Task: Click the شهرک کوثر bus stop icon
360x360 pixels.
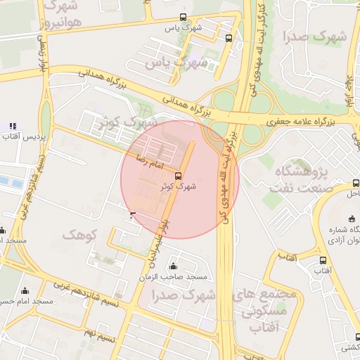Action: click(178, 176)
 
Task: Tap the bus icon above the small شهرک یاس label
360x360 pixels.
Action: click(183, 17)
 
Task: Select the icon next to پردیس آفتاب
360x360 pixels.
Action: click(12, 126)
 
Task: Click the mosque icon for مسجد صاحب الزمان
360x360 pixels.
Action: click(174, 266)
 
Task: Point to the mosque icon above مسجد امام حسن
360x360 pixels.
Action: click(25, 290)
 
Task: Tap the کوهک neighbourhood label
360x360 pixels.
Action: click(79, 234)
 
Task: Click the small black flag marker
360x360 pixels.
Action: click(133, 214)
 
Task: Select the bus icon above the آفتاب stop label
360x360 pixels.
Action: click(323, 260)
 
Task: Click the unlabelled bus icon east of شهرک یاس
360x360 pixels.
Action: click(229, 39)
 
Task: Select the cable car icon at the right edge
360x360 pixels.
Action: click(355, 184)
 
